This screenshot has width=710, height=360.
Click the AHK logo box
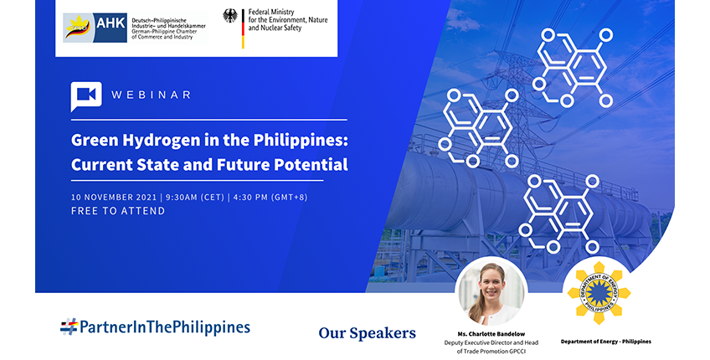tap(95, 28)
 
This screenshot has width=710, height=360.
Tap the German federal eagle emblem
tap(230, 16)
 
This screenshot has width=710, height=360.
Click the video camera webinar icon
tap(86, 96)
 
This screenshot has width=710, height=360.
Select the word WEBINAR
tap(152, 95)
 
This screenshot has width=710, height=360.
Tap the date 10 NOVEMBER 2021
tap(114, 198)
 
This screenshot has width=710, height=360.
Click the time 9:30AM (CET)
tap(195, 198)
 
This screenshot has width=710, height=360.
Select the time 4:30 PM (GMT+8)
tap(270, 198)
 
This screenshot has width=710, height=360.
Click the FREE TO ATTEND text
tap(118, 211)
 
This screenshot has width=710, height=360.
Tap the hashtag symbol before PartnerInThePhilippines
tap(69, 327)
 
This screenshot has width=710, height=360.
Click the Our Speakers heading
tap(368, 333)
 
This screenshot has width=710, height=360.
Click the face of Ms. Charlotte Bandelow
tap(491, 285)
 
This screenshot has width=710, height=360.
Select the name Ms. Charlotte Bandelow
tap(491, 334)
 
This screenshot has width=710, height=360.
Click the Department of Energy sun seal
tap(599, 292)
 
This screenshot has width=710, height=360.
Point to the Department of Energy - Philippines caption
tap(606, 342)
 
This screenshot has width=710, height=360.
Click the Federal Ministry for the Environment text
tap(288, 20)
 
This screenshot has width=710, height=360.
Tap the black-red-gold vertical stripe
tap(243, 29)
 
